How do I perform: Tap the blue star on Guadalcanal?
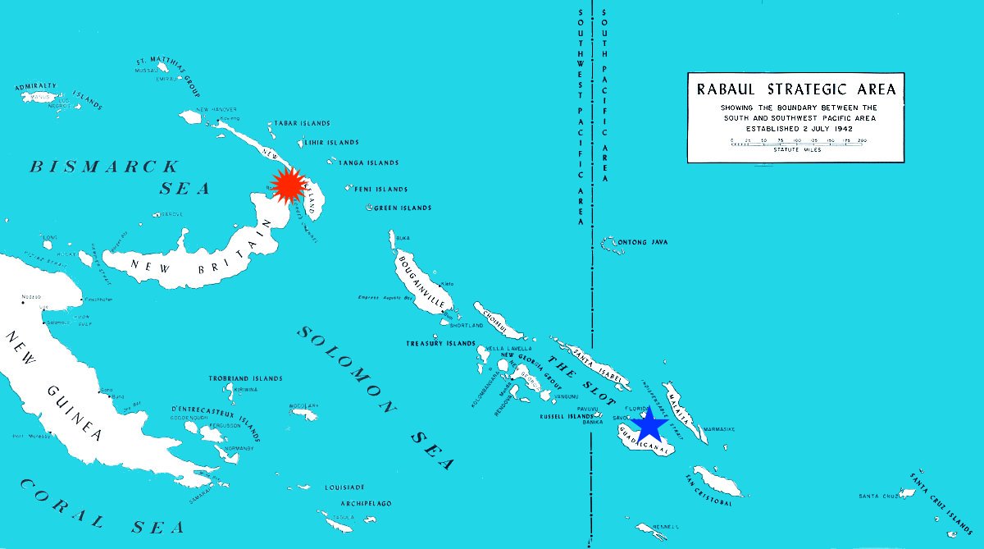pyautogui.click(x=648, y=426)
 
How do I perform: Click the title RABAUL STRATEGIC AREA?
pyautogui.click(x=795, y=89)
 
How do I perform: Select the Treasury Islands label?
pyautogui.click(x=440, y=343)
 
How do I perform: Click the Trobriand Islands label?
pyautogui.click(x=246, y=378)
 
